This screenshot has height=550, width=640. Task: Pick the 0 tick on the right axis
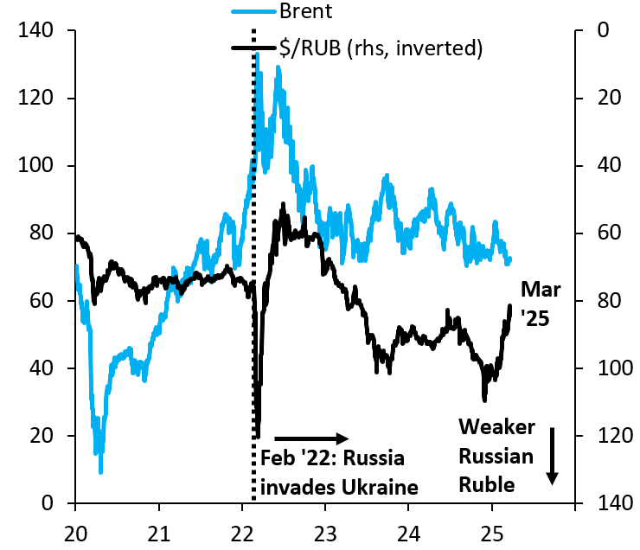pos(603,31)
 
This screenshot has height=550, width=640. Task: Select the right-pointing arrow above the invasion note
pos(310,438)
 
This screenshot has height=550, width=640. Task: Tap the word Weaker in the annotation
pos(496,427)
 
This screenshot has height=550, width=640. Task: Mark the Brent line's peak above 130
pos(258,54)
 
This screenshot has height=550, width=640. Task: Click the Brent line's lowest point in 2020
pos(101,471)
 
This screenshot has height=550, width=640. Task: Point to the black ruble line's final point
pos(510,306)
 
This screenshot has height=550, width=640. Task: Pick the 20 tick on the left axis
pos(42,436)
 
